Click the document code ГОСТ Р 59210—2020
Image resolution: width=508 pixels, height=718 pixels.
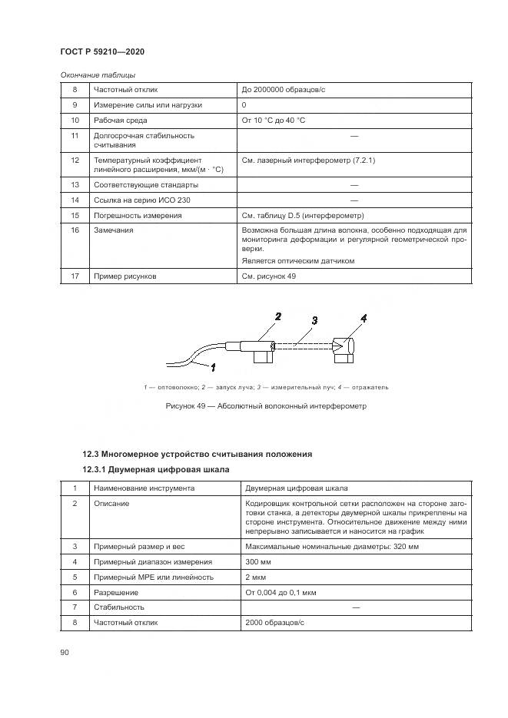coord(102,51)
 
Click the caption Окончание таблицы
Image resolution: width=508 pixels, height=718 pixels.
coord(98,74)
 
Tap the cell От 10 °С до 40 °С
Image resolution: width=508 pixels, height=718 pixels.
coord(274,121)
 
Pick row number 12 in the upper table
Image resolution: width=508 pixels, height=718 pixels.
coord(75,160)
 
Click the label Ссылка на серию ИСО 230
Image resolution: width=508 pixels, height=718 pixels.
coord(141,200)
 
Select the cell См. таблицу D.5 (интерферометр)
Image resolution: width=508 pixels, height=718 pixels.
coord(303,215)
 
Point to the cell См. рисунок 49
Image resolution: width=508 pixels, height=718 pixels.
coord(269,276)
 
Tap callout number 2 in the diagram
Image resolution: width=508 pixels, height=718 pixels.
coord(278,316)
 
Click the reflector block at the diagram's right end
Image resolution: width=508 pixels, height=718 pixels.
coord(344,349)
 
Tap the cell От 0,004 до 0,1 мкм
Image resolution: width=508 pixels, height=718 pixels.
coord(280,592)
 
